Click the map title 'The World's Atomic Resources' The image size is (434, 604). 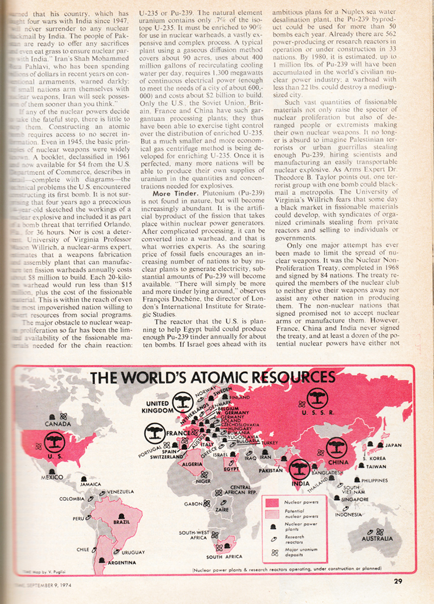(212, 378)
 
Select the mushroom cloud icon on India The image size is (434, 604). (299, 468)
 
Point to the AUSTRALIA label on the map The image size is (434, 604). (377, 538)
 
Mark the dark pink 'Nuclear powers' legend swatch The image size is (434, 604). (273, 502)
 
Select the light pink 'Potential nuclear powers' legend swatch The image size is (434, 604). (273, 514)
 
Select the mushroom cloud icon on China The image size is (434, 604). (337, 448)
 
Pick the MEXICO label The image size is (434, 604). (53, 477)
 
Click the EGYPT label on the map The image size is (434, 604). (232, 469)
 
